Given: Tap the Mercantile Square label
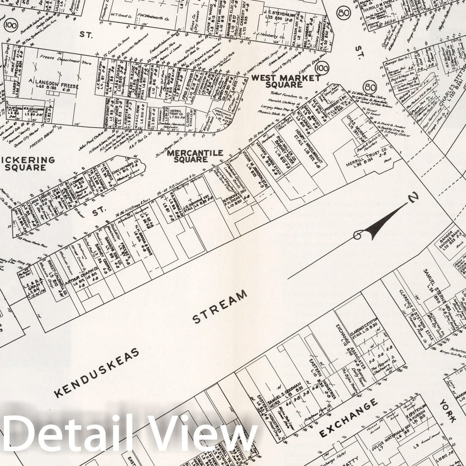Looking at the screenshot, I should point(195,156).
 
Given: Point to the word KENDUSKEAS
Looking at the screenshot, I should point(97,373).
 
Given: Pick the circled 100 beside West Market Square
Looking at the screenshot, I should point(322,67).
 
